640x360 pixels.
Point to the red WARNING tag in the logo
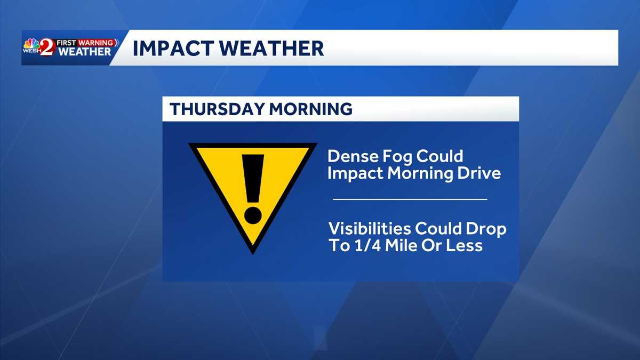pos(97,42)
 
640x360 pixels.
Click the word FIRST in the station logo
pos(66,42)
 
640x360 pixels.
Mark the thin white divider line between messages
pos(410,199)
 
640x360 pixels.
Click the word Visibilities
pos(370,229)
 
